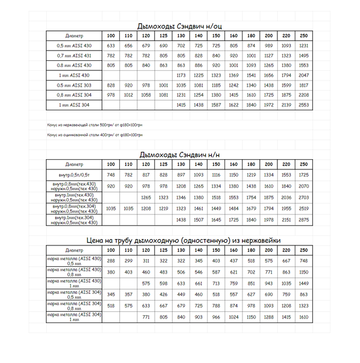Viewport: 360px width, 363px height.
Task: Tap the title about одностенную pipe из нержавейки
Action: (183, 240)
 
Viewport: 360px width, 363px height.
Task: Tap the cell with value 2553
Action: (304, 105)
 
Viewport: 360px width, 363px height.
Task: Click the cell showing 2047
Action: (304, 75)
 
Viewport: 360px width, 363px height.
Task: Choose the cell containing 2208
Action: (304, 95)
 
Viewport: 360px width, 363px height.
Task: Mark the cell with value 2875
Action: (304, 219)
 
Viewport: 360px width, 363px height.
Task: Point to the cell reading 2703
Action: (304, 198)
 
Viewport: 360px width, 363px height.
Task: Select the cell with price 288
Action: (111, 261)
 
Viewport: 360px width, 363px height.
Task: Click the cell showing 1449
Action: (304, 283)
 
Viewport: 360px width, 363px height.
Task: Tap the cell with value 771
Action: (146, 317)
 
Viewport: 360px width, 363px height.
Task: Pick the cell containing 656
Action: (128, 46)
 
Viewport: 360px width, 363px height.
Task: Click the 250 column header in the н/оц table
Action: (304, 35)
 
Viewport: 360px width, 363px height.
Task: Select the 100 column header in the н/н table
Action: (111, 164)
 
